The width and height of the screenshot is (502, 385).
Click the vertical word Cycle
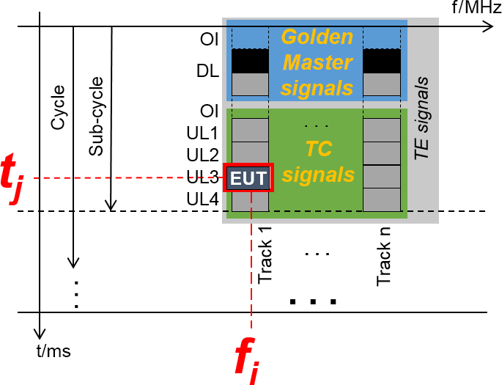(58, 109)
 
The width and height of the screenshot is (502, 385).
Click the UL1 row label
(203, 133)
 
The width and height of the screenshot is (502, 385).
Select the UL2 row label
(203, 155)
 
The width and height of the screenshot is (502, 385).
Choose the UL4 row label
(203, 198)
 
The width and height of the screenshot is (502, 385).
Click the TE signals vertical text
(423, 118)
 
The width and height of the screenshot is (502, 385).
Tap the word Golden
(317, 37)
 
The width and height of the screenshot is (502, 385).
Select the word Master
(317, 62)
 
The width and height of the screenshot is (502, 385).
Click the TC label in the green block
(317, 149)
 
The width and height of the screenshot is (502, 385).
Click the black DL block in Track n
(382, 61)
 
